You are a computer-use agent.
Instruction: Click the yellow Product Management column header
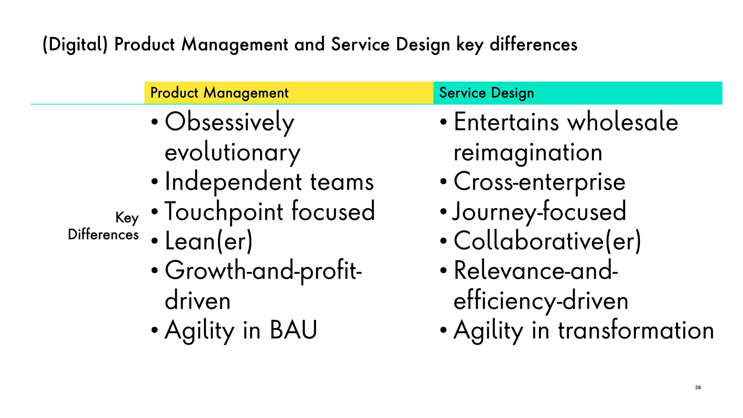pyautogui.click(x=288, y=93)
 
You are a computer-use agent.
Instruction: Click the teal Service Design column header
pyautogui.click(x=578, y=93)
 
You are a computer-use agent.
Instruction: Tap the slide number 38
pyautogui.click(x=698, y=388)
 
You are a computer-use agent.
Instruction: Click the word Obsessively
pyautogui.click(x=229, y=122)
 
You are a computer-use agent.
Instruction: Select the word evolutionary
pyautogui.click(x=232, y=152)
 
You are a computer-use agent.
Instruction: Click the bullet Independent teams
pyautogui.click(x=269, y=182)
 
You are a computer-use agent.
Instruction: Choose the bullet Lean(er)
pyautogui.click(x=208, y=241)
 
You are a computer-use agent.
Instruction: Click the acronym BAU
pyautogui.click(x=293, y=330)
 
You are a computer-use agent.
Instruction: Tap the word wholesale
pyautogui.click(x=623, y=122)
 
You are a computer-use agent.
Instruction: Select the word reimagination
pyautogui.click(x=528, y=152)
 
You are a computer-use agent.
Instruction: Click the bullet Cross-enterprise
pyautogui.click(x=539, y=182)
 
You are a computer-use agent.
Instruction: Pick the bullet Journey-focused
pyautogui.click(x=539, y=212)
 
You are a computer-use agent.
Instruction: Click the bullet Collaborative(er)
pyautogui.click(x=547, y=241)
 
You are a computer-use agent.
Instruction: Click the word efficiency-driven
pyautogui.click(x=541, y=301)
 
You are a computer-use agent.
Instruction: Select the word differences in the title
pyautogui.click(x=533, y=45)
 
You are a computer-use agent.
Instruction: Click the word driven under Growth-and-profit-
pyautogui.click(x=198, y=301)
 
